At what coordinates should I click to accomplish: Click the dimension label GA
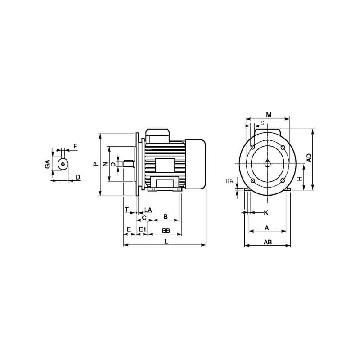48,164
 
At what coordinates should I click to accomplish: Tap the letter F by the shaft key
75,146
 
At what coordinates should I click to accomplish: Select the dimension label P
96,164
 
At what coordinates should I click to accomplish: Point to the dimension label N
105,164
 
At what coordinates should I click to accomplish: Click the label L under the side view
166,241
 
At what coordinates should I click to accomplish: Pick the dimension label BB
166,230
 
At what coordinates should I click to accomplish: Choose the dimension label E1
143,229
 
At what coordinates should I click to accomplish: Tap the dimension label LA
148,210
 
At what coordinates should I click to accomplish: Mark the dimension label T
127,209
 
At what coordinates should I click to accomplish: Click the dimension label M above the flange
268,115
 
